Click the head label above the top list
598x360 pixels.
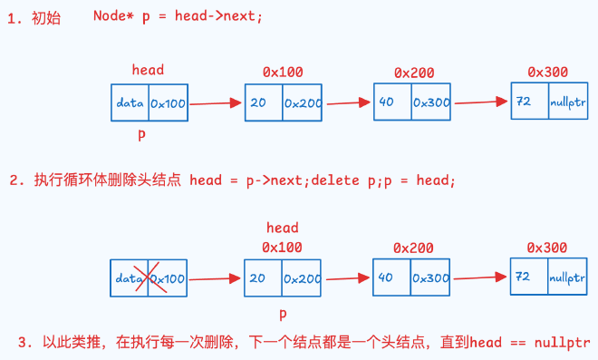point(148,70)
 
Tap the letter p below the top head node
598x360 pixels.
point(141,134)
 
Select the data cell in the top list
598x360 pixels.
point(130,102)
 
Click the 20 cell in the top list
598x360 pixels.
point(264,102)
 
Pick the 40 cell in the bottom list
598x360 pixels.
point(391,277)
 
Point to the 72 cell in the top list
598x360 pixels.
point(530,102)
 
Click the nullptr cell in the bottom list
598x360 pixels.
point(567,277)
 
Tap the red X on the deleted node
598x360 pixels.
point(150,277)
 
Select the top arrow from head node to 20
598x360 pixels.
point(216,103)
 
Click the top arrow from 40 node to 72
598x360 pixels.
point(481,102)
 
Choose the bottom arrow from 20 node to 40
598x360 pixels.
point(348,278)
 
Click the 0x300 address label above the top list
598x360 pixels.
point(547,72)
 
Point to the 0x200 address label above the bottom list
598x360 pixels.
point(413,248)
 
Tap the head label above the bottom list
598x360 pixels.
point(282,228)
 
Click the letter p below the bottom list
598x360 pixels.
point(283,314)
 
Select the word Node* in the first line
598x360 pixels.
point(113,16)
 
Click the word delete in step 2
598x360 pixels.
point(335,180)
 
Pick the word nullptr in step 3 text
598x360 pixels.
point(563,343)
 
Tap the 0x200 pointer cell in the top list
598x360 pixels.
point(303,102)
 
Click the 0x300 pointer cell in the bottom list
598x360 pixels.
point(430,277)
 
